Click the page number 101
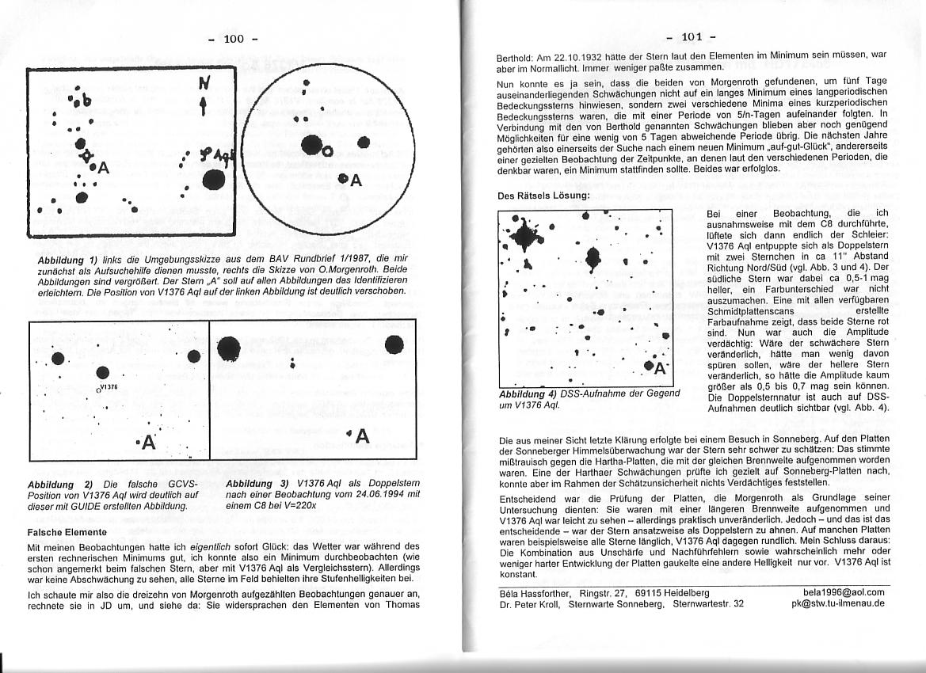(691, 36)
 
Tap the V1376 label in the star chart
(108, 387)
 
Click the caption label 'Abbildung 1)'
(67, 260)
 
